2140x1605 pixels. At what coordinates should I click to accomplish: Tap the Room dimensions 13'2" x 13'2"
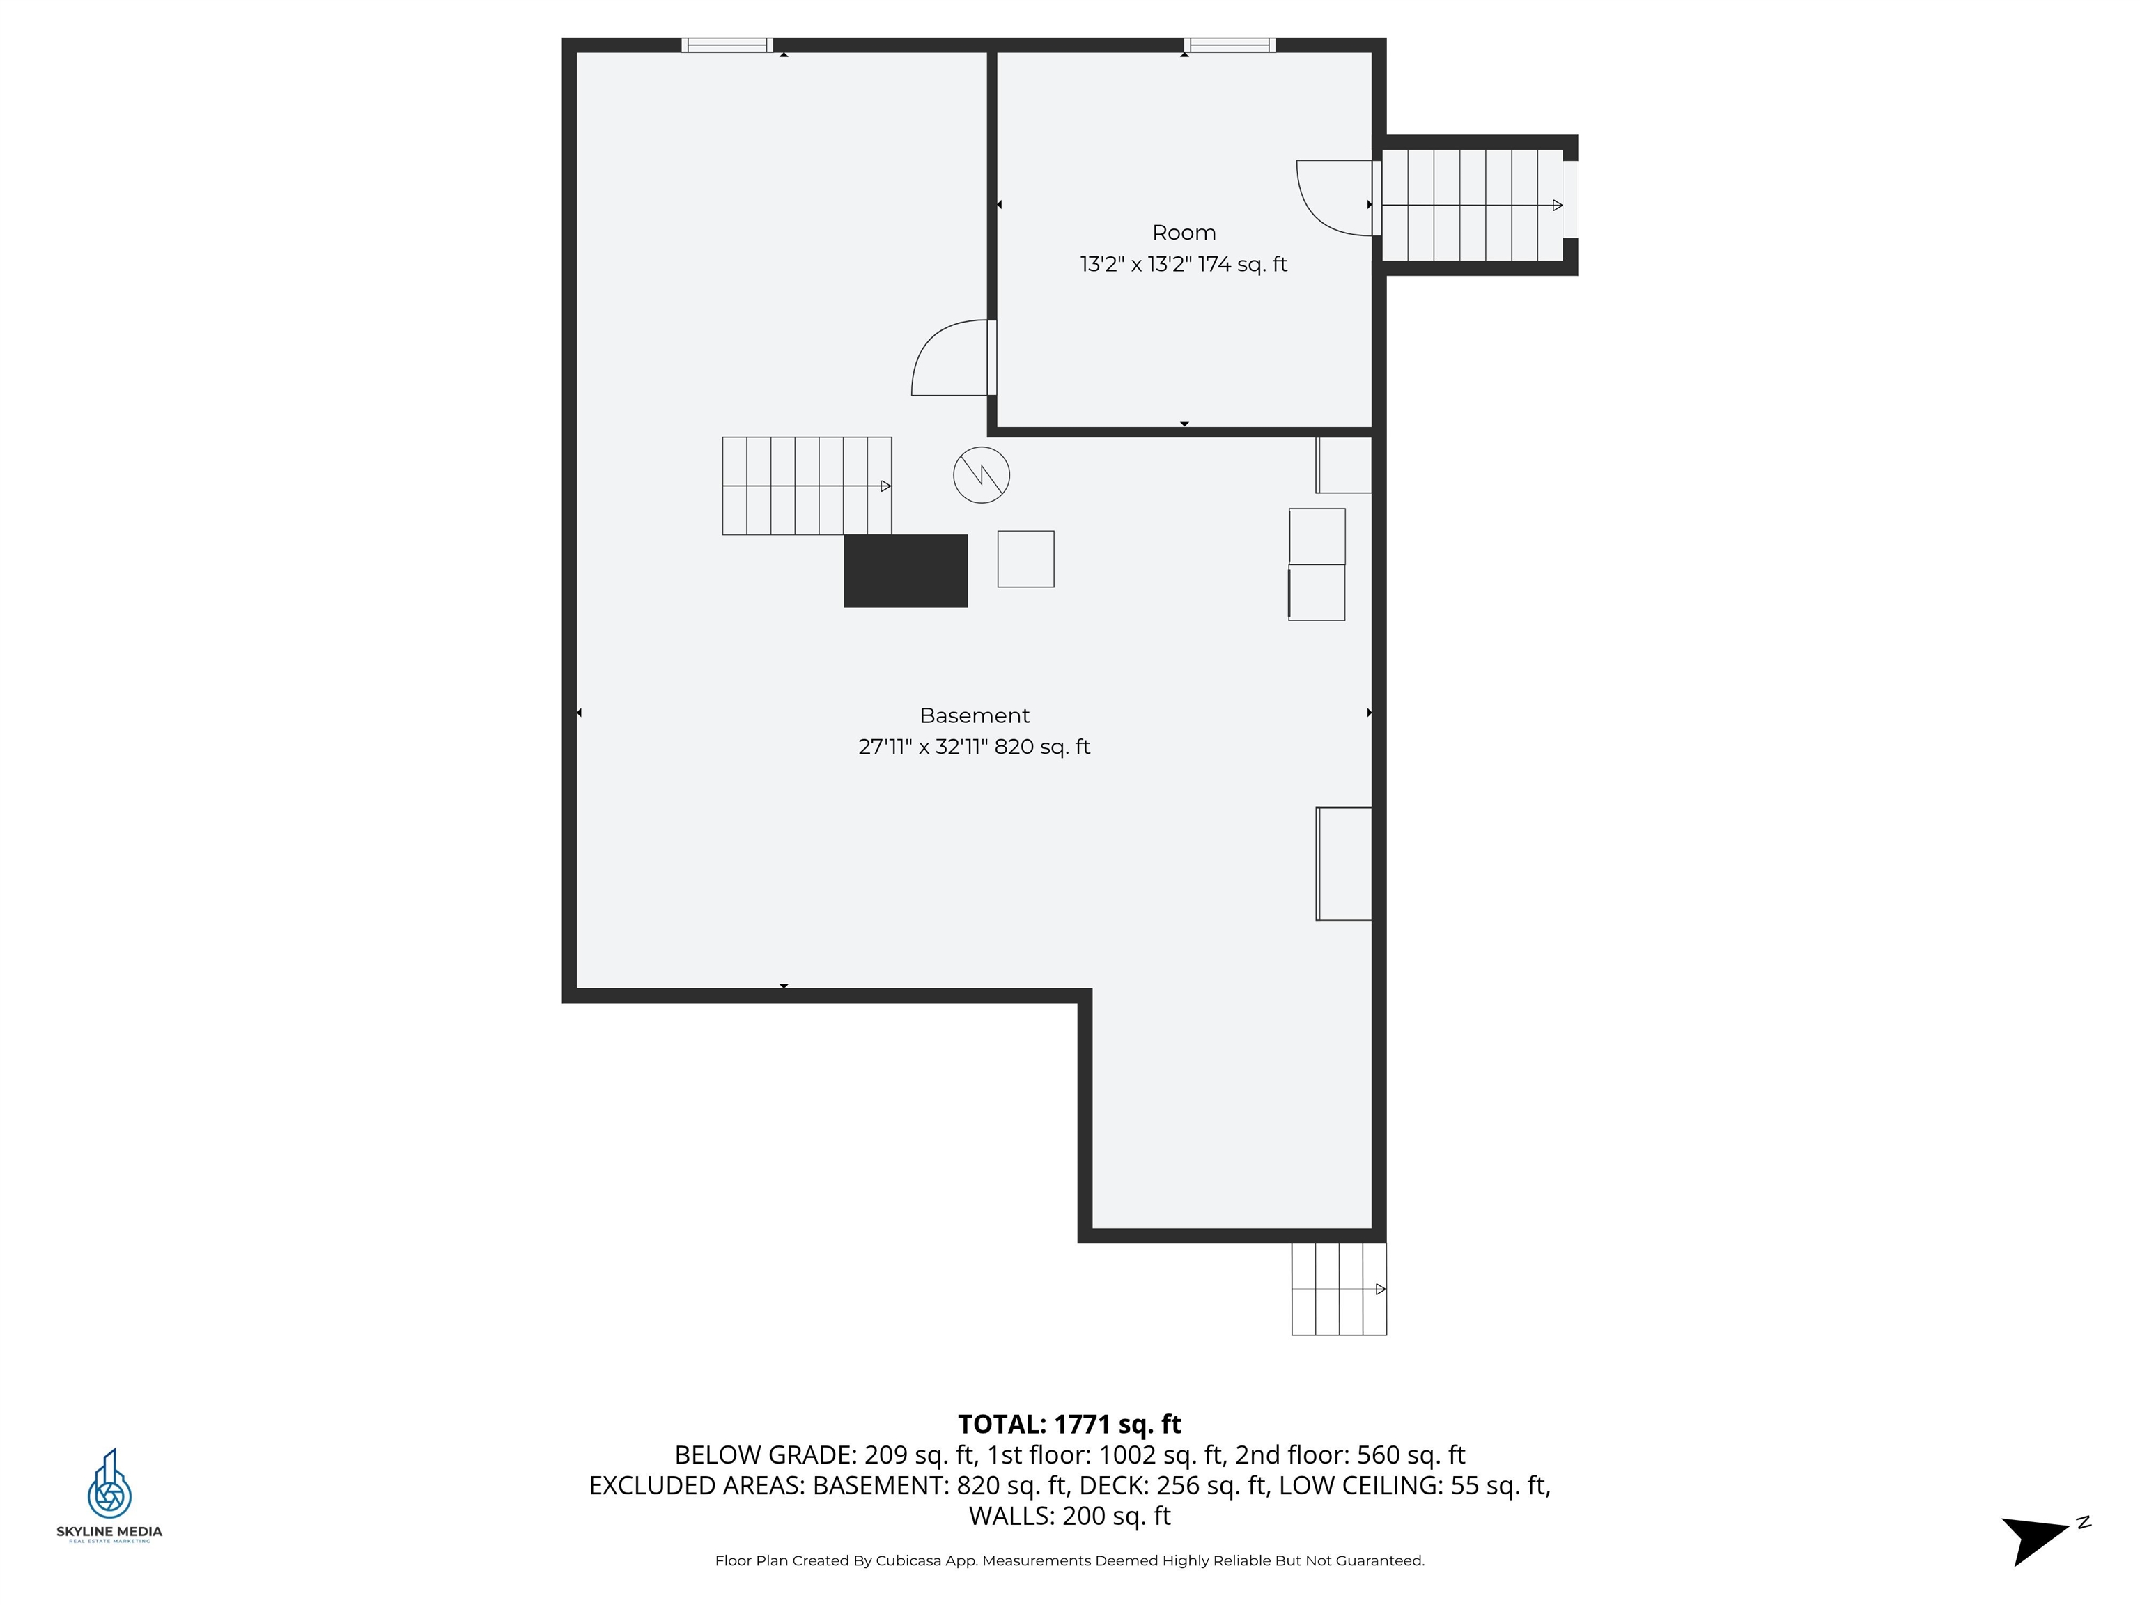[1135, 264]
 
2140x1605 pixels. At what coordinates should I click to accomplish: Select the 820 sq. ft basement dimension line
[975, 747]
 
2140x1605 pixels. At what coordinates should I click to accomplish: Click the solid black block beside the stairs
[906, 571]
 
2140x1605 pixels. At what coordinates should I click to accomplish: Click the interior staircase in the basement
[807, 486]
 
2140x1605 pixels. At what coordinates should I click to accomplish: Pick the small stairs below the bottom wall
[1339, 1289]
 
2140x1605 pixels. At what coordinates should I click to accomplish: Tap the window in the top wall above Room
[1230, 45]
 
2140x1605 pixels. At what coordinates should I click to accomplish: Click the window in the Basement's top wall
[727, 45]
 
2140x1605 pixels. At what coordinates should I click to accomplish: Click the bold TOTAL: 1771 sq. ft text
[1069, 1424]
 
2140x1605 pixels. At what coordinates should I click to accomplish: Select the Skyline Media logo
[109, 1496]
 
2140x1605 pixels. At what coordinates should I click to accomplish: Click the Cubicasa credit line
[1069, 1560]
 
